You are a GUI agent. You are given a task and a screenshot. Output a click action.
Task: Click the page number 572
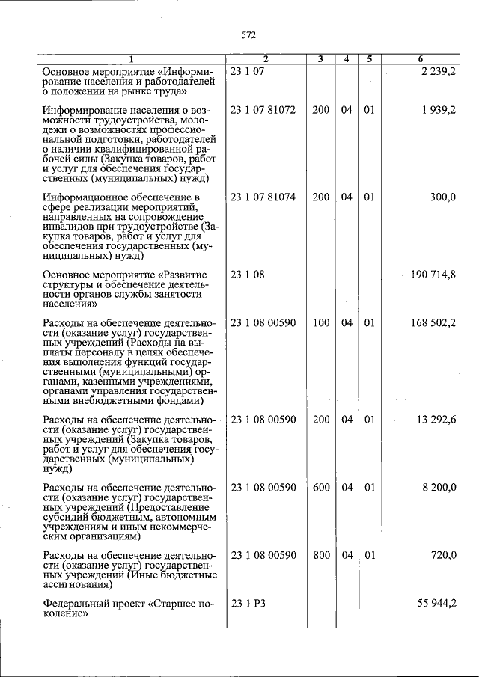click(249, 34)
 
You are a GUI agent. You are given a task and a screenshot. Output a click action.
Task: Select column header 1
click(132, 59)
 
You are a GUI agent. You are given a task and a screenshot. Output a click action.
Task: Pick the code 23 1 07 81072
click(263, 110)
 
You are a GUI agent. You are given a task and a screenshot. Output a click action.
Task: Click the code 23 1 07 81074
click(263, 197)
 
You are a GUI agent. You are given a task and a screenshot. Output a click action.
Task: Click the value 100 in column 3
click(320, 322)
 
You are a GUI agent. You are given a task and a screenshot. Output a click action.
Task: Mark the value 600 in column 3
click(320, 487)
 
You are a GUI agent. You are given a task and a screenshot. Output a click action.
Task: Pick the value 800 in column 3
click(320, 555)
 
